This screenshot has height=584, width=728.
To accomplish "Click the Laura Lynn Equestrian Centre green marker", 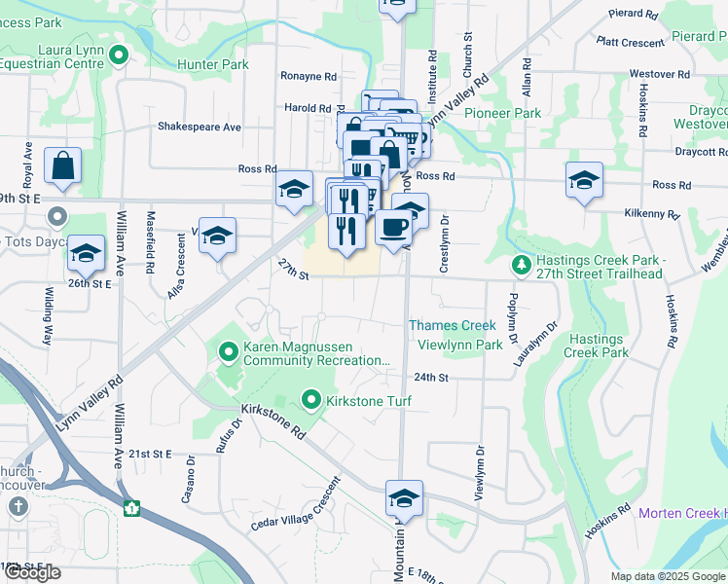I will (x=119, y=55).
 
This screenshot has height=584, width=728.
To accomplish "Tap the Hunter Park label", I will (x=213, y=65).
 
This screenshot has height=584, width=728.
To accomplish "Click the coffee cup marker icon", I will (x=393, y=228).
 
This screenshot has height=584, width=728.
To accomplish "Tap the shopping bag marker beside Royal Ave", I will (x=62, y=166).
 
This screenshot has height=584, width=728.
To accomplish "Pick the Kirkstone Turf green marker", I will (x=311, y=400).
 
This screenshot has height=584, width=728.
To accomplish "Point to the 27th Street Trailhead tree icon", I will (x=523, y=265).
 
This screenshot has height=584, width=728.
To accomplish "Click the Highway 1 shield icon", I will (x=131, y=507).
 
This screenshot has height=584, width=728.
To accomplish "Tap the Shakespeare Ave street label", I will (x=200, y=127).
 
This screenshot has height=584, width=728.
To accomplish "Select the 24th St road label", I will (x=429, y=377).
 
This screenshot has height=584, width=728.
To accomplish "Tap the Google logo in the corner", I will (x=32, y=573).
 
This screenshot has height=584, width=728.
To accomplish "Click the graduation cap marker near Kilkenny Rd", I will (x=584, y=181).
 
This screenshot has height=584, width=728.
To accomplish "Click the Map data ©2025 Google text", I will (x=668, y=576).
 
